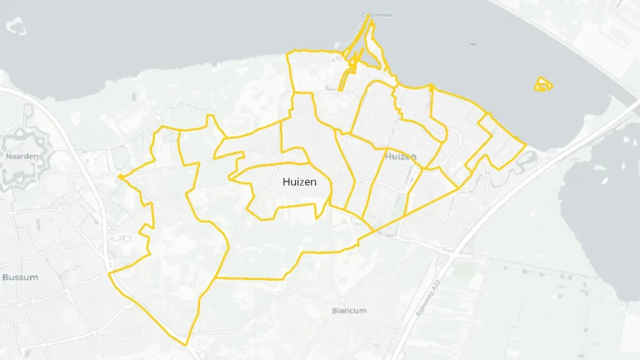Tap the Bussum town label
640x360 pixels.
(21, 277)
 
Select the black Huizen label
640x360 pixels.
(299, 182)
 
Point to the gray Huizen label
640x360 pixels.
(401, 156)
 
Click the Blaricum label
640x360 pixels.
(349, 311)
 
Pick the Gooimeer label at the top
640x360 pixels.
(377, 15)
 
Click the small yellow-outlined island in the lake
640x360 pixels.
(543, 84)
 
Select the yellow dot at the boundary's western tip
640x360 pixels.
(119, 177)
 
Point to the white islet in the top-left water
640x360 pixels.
(16, 26)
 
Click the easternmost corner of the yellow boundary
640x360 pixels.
(525, 145)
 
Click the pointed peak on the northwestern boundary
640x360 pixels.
(209, 116)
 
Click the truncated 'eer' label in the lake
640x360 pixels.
(472, 44)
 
